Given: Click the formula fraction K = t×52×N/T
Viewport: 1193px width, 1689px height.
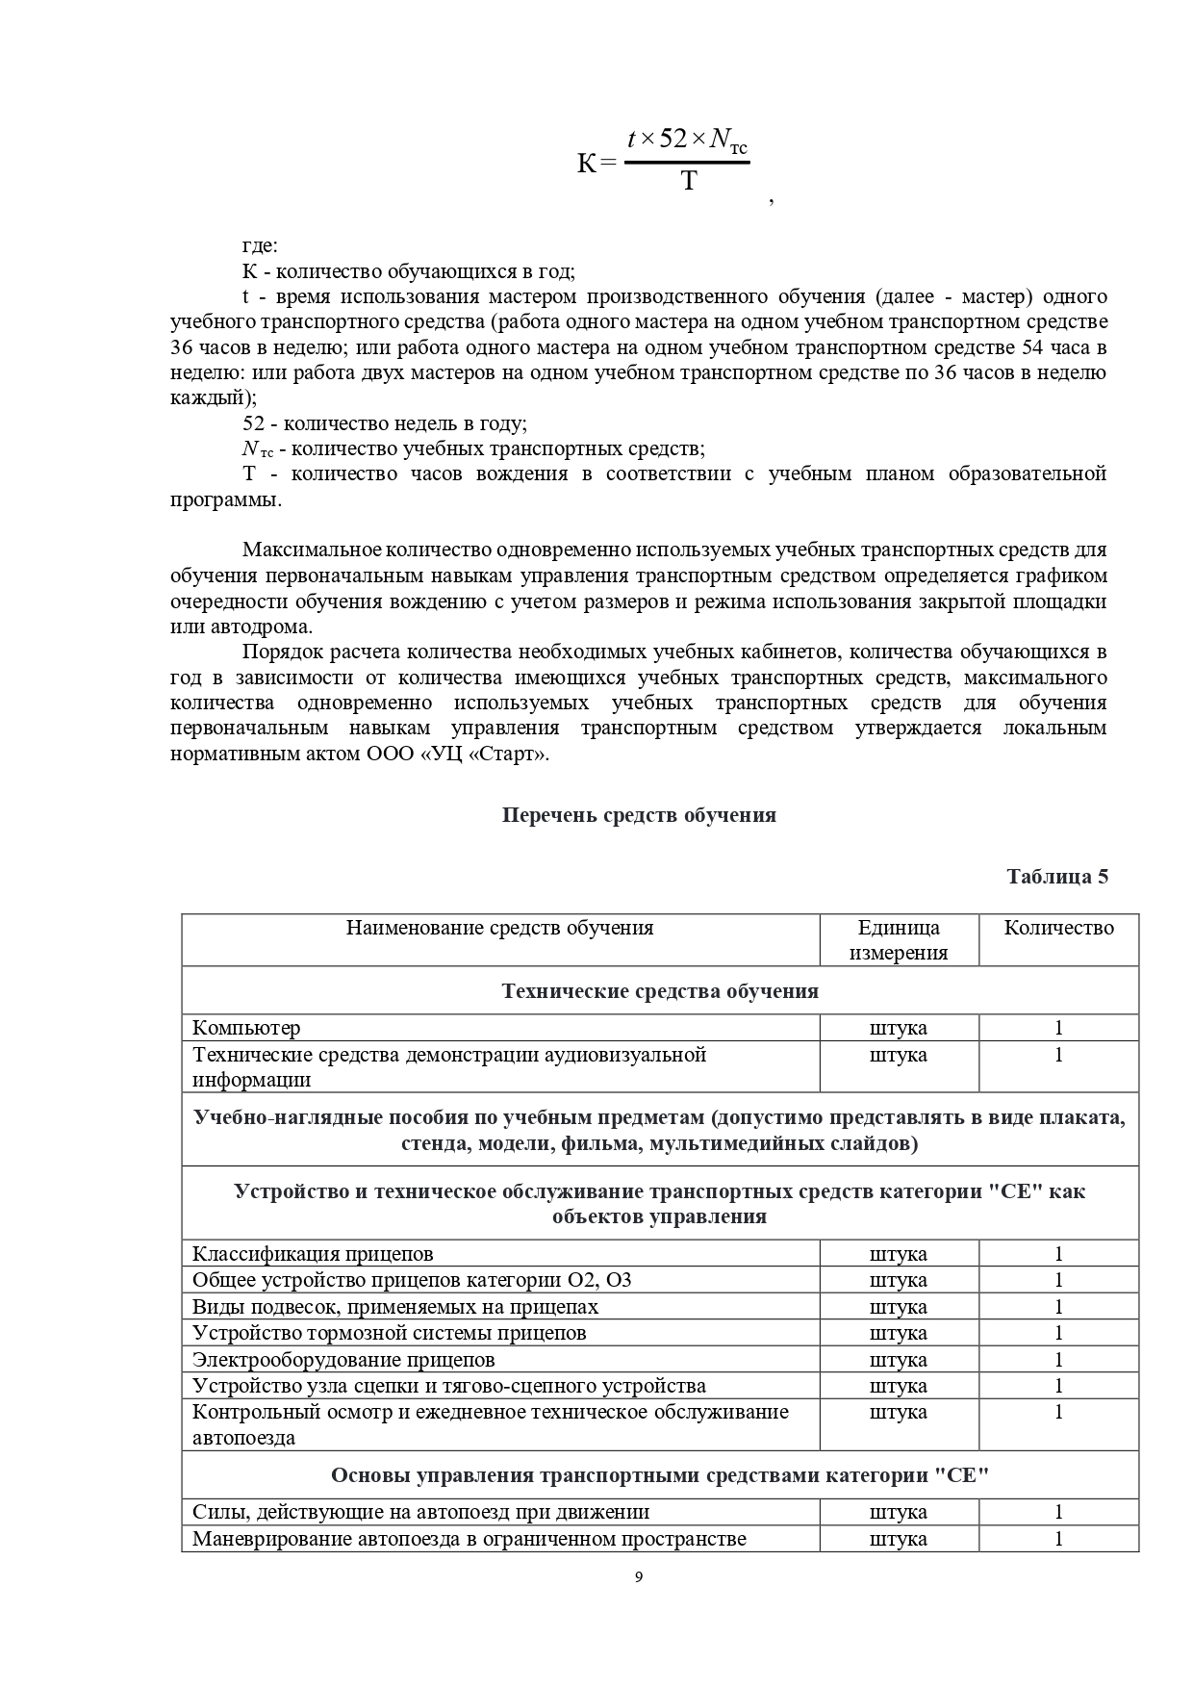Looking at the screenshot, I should pyautogui.click(x=664, y=161).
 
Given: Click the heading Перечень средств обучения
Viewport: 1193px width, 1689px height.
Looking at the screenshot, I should pyautogui.click(x=639, y=815).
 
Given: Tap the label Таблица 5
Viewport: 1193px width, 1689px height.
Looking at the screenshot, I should pyautogui.click(x=1057, y=877).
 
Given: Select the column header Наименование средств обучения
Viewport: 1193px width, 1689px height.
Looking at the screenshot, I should pyautogui.click(x=499, y=928).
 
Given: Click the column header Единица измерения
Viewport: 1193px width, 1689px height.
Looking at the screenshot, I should pyautogui.click(x=899, y=939).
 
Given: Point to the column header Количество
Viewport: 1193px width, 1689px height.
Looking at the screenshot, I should pyautogui.click(x=1058, y=928).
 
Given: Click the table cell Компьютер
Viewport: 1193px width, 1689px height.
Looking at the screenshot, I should pyautogui.click(x=246, y=1028).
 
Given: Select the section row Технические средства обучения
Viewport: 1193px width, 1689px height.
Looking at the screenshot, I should pyautogui.click(x=660, y=991).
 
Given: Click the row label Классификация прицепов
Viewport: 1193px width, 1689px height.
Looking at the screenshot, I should pyautogui.click(x=313, y=1254).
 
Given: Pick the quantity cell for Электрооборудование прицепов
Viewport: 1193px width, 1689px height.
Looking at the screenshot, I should pyautogui.click(x=1058, y=1360).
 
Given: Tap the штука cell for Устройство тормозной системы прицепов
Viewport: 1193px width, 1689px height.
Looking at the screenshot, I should pyautogui.click(x=899, y=1333).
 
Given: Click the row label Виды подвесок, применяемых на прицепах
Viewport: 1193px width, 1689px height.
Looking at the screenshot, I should pyautogui.click(x=395, y=1307).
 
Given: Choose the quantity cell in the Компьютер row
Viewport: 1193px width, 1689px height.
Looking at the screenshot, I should pyautogui.click(x=1058, y=1028).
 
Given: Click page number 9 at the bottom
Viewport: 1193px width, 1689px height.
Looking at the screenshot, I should pyautogui.click(x=639, y=1576).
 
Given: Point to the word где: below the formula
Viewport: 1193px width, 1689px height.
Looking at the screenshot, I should pyautogui.click(x=260, y=246).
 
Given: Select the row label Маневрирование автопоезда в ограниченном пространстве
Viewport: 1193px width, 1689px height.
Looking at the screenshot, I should pyautogui.click(x=470, y=1538).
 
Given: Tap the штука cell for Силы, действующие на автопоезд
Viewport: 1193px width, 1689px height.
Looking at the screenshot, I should pyautogui.click(x=899, y=1512).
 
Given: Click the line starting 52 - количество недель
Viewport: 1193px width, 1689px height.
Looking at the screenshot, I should pyautogui.click(x=385, y=423).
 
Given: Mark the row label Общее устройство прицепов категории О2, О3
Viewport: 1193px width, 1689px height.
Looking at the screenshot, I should pyautogui.click(x=412, y=1280).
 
